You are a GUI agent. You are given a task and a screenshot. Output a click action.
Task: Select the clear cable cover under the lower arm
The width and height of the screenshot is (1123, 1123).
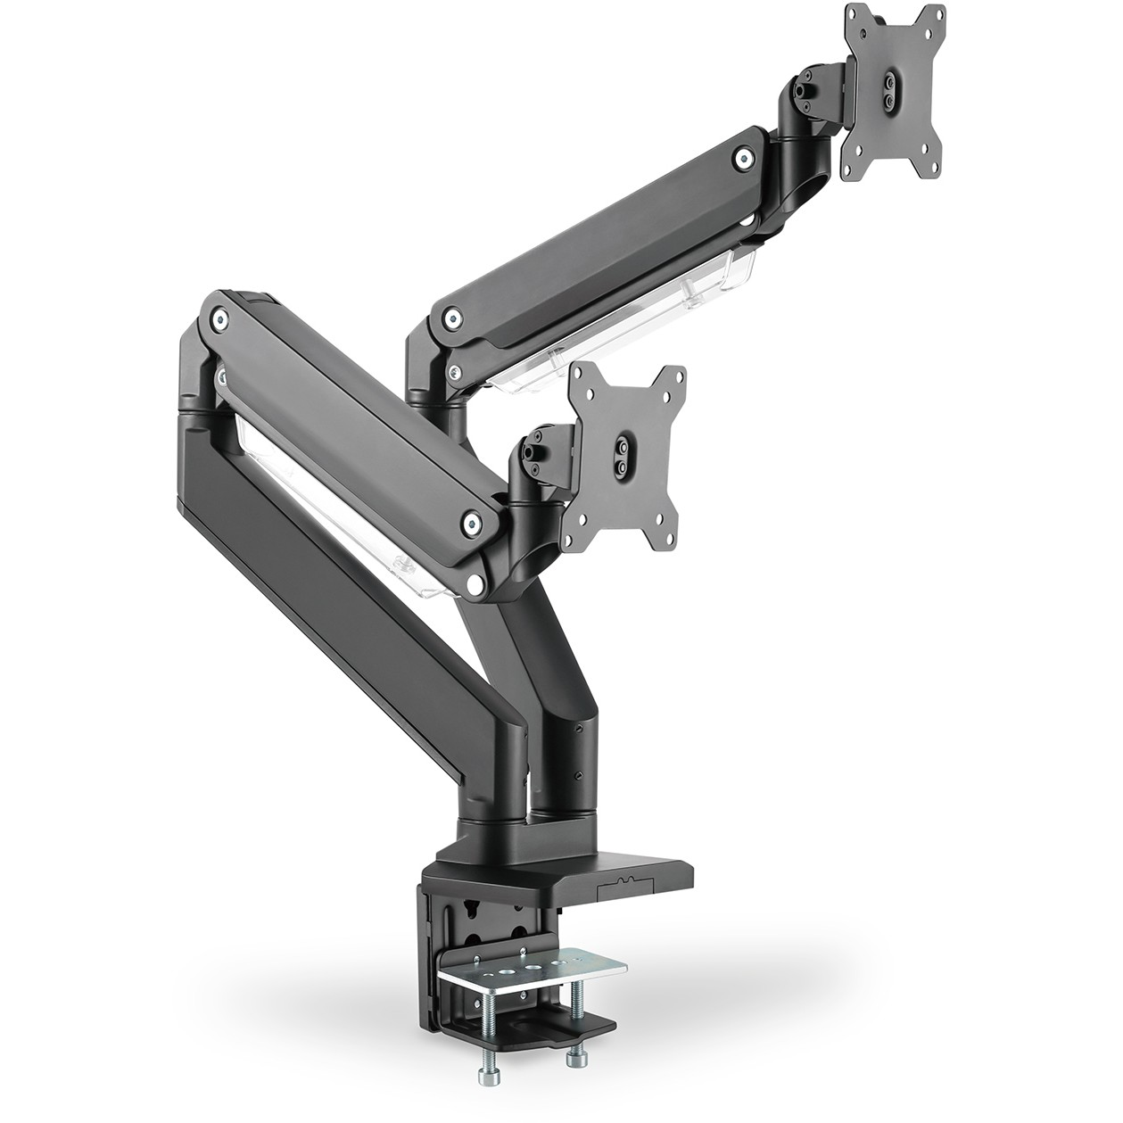pos(339,508)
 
